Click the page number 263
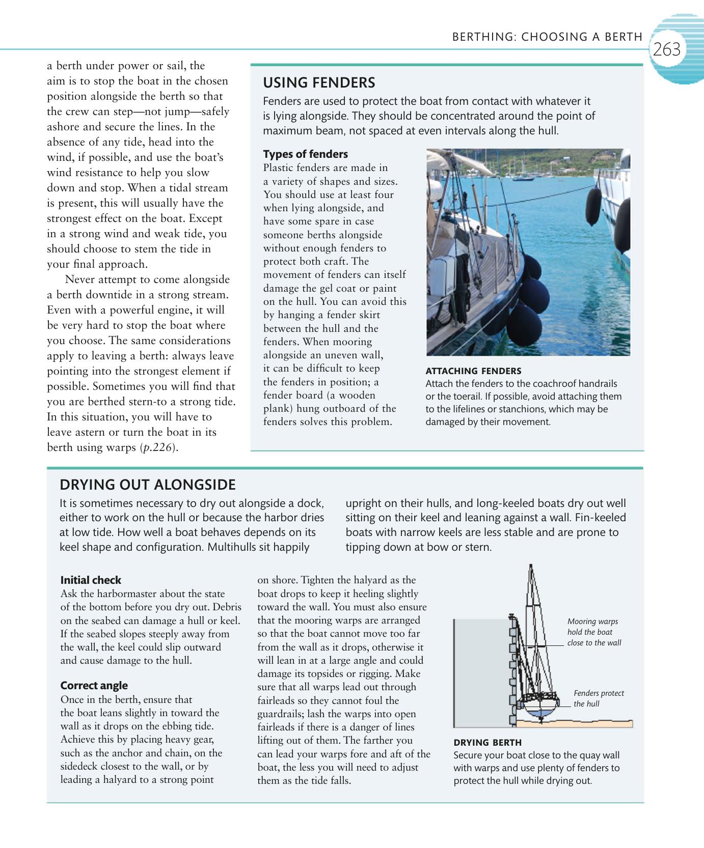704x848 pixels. [667, 49]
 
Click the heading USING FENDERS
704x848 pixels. [319, 82]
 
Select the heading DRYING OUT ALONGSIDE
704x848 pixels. [148, 484]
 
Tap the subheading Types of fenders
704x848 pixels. [305, 154]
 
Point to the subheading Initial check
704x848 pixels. [91, 580]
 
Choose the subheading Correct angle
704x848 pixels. [94, 685]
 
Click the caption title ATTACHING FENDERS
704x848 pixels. [473, 371]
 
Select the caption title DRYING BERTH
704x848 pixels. [488, 742]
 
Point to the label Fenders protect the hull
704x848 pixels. [598, 698]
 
